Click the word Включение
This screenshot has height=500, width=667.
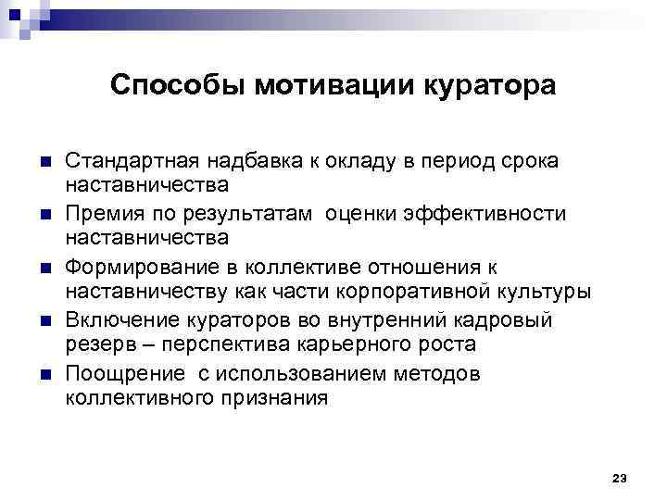pyautogui.click(x=113, y=320)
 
